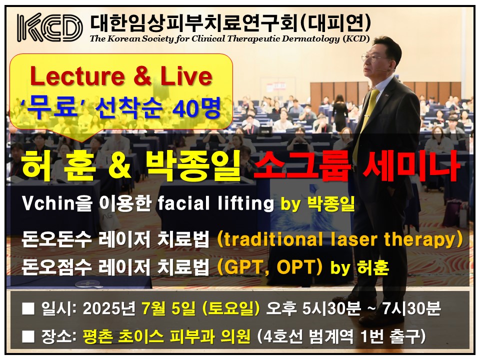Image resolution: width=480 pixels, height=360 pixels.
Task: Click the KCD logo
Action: pos(50,27)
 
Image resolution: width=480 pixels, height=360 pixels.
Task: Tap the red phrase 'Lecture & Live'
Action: pos(121,76)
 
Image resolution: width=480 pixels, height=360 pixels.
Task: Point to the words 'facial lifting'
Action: pos(215,203)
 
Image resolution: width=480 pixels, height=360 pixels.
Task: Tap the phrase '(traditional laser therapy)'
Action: pos(339,239)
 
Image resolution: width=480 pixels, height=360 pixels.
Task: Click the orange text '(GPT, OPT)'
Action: pos(269,267)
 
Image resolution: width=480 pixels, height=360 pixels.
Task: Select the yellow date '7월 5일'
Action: pos(168,308)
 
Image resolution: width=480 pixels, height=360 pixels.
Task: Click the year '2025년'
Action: pos(108,308)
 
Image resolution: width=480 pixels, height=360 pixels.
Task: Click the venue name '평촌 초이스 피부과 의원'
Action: pos(166,336)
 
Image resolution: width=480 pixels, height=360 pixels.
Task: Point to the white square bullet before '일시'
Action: pos(28,308)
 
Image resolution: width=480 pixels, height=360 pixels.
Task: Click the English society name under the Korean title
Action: pos(229,39)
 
